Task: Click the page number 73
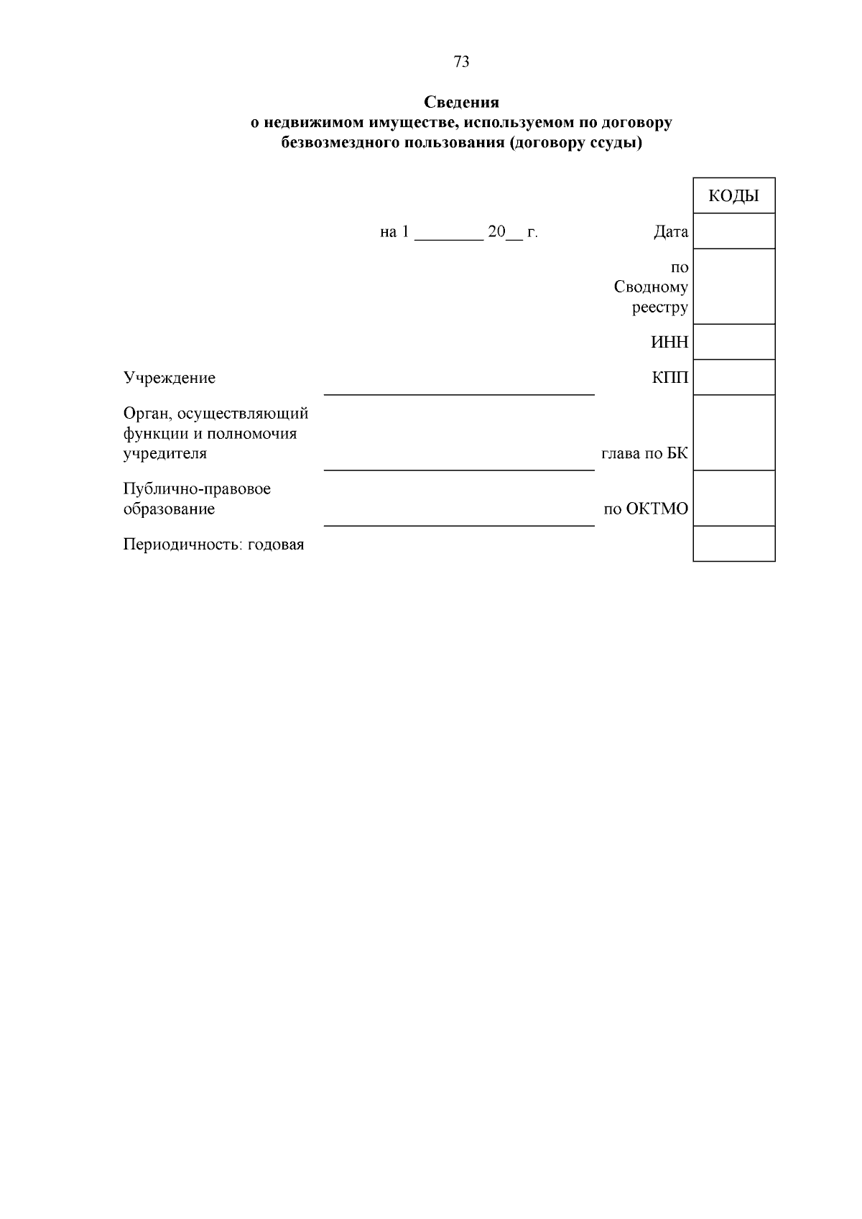(462, 62)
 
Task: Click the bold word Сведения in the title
(461, 102)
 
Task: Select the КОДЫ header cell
(733, 195)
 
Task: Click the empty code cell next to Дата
(733, 231)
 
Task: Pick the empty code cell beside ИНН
(733, 342)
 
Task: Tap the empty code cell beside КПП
(733, 377)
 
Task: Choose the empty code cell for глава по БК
(733, 433)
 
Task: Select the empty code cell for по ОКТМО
(733, 499)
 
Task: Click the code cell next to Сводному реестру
(733, 287)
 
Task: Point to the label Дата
(670, 232)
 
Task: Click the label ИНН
(669, 343)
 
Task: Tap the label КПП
(670, 378)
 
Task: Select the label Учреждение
(170, 378)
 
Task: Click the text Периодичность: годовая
(213, 544)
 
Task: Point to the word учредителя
(165, 454)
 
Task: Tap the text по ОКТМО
(645, 509)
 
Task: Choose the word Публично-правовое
(197, 489)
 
